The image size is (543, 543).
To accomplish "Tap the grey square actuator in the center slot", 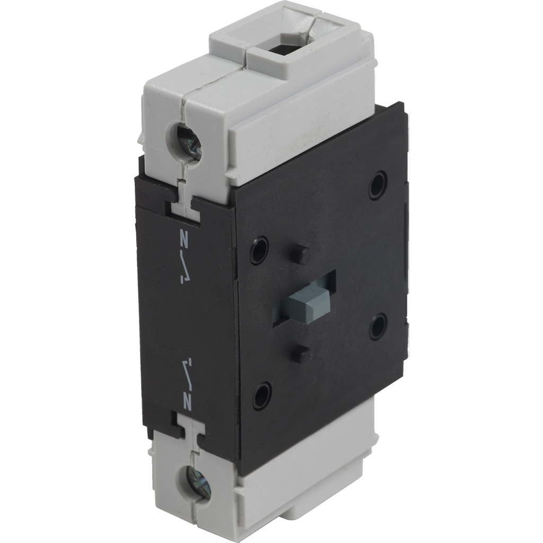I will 307,301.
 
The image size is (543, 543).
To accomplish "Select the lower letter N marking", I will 187,402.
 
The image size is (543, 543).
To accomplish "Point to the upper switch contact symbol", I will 183,268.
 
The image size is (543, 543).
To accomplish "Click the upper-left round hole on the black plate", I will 259,249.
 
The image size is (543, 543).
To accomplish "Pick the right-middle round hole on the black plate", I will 378,326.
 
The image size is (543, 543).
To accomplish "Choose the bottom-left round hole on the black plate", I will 262,395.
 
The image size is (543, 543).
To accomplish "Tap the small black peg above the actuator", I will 300,254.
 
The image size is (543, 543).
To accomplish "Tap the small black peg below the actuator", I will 301,353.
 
